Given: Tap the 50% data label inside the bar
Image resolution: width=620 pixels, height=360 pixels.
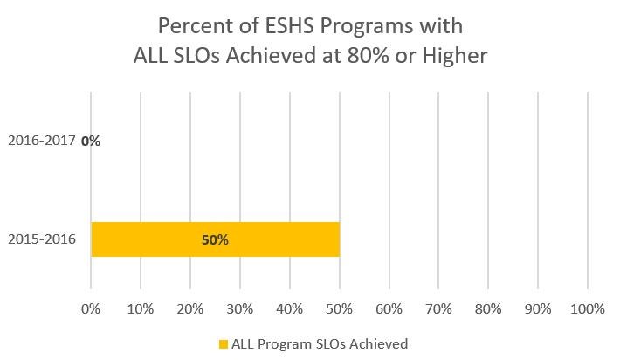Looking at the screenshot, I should tap(215, 239).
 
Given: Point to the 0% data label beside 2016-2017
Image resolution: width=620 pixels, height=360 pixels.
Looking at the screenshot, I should tap(91, 140).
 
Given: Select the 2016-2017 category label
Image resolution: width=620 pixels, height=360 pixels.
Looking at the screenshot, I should tap(42, 140).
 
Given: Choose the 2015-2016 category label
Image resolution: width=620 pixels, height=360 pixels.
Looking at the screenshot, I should tap(42, 239).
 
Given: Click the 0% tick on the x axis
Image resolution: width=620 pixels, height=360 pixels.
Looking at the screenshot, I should tap(91, 308).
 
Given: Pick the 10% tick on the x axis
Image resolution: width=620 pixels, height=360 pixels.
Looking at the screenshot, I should tap(141, 308).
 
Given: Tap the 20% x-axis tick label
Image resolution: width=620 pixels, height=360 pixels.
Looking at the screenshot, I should tap(190, 308).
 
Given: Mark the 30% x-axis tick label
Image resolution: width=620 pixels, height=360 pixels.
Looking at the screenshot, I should tap(240, 308).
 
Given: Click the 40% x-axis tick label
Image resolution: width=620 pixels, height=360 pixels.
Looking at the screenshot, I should tap(290, 308).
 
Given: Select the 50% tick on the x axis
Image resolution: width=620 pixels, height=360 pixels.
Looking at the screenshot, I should tap(340, 308).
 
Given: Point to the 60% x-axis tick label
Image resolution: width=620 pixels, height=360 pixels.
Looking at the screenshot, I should tap(389, 308).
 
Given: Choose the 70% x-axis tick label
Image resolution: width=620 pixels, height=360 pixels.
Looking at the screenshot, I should tap(439, 308).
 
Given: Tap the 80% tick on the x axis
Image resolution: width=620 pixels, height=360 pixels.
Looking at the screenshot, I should tap(489, 308).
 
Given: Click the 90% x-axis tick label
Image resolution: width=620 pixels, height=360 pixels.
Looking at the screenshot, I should tap(539, 308).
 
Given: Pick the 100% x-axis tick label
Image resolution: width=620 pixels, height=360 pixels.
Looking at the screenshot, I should tap(587, 308).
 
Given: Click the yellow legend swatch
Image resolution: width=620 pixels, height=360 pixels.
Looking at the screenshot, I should tap(223, 344).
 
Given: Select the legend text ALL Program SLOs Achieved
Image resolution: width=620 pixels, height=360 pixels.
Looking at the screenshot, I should tap(320, 344).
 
